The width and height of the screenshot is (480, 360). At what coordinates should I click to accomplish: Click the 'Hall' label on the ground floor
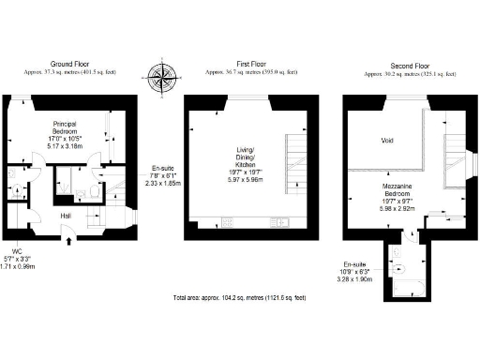pyautogui.click(x=67, y=215)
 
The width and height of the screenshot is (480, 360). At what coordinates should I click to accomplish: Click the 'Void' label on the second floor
pyautogui.click(x=387, y=142)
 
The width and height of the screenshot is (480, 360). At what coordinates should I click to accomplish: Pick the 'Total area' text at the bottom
pyautogui.click(x=239, y=297)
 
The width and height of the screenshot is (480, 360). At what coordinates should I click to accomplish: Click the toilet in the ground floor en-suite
pyautogui.click(x=97, y=191)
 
